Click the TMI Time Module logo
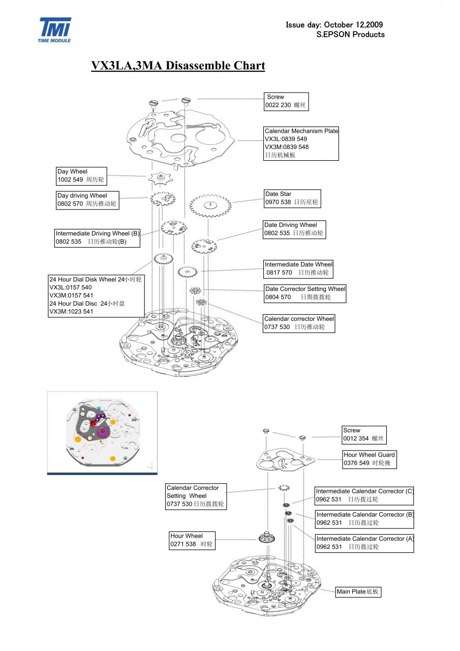(x=55, y=29)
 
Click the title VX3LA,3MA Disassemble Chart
(x=178, y=66)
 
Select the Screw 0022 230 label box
(x=286, y=101)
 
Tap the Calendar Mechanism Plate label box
(x=301, y=143)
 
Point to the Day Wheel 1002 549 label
(x=82, y=176)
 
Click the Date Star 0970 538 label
(x=292, y=198)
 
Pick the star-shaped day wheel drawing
(x=161, y=178)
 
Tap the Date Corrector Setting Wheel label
(x=305, y=293)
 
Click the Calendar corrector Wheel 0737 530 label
(x=299, y=323)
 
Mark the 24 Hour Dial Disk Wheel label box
(x=96, y=295)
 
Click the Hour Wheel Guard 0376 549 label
(x=370, y=459)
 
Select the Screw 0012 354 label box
(x=364, y=434)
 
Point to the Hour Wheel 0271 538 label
(x=192, y=540)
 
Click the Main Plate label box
(x=358, y=591)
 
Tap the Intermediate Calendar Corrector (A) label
(x=364, y=543)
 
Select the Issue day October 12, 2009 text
(x=334, y=24)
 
